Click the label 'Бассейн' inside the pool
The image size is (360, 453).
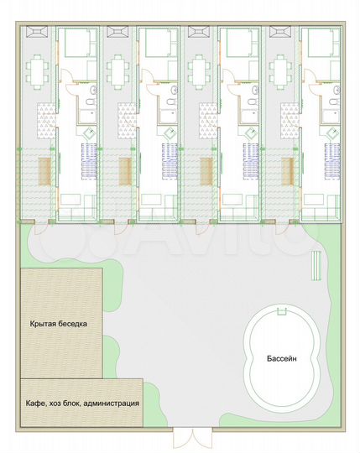(281, 359)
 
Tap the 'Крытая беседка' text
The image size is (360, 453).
(59, 324)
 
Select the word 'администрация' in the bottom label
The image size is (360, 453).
(112, 403)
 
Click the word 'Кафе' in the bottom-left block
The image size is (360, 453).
(34, 403)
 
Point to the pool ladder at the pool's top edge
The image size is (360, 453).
(282, 311)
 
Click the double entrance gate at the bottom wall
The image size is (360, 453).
(192, 438)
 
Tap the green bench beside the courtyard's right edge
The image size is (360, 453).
(316, 265)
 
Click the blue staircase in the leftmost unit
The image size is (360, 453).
(89, 162)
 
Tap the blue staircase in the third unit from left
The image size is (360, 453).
(251, 162)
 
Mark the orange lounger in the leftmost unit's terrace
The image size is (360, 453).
(44, 172)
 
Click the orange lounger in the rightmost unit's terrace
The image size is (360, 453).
(288, 172)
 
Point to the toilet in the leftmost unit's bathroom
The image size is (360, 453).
(91, 102)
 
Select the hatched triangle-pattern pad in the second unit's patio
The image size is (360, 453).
(127, 121)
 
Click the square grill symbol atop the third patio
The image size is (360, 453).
(198, 32)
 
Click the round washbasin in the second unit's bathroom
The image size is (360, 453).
(175, 90)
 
